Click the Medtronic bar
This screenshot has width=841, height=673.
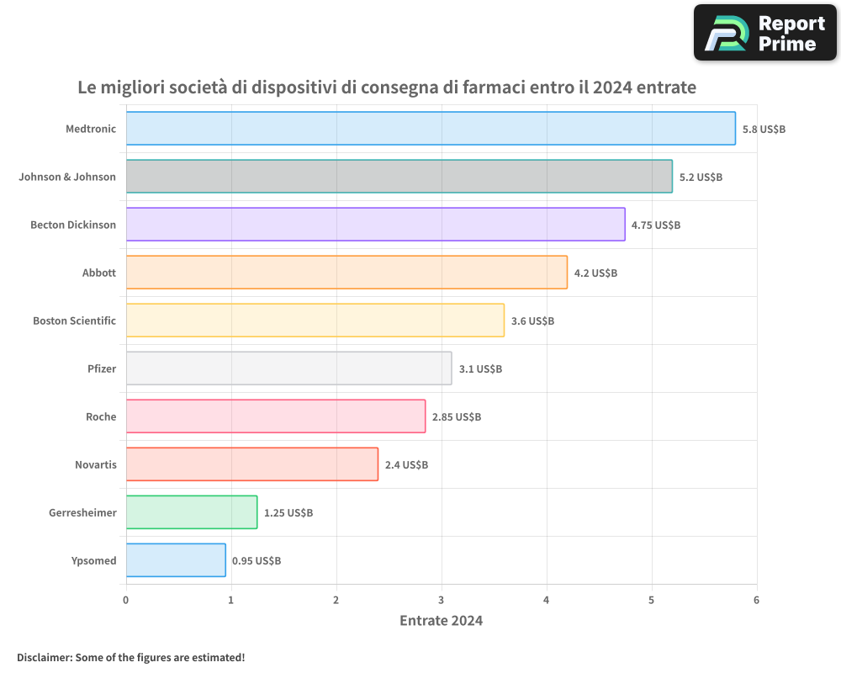point(431,129)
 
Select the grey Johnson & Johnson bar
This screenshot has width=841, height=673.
point(399,177)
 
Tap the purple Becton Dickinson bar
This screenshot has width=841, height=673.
point(376,225)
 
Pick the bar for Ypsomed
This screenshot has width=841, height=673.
point(176,560)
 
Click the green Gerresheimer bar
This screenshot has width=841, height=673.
point(192,512)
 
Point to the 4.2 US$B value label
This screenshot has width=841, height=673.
point(595,273)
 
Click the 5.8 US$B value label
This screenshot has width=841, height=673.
point(764,130)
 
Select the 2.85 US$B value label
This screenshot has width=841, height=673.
point(457,417)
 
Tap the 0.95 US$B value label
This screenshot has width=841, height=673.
point(257,561)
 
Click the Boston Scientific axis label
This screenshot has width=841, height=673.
point(74,321)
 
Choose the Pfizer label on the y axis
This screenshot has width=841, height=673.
point(102,368)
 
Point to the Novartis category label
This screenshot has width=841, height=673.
point(96,464)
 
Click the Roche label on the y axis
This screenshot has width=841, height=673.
point(101,416)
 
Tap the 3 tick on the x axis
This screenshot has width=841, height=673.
point(442,600)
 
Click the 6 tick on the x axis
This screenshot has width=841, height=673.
point(756,600)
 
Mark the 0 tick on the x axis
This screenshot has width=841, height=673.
point(126,600)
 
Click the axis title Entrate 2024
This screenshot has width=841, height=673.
point(441,621)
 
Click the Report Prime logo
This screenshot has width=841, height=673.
point(764,33)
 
